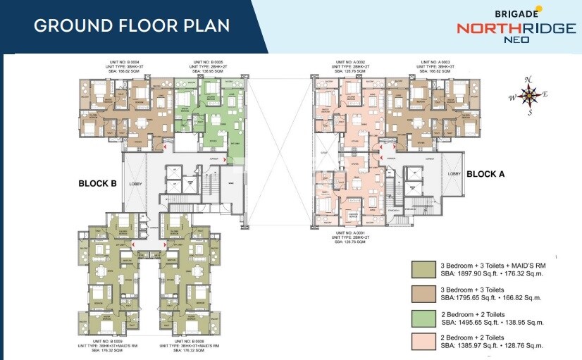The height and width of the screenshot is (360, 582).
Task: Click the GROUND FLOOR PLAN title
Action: tap(132, 26)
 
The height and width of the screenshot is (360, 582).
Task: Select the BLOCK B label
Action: tap(97, 184)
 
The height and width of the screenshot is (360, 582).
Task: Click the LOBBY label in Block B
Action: tap(135, 184)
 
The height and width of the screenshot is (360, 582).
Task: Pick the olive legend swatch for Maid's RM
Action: tap(423, 268)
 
